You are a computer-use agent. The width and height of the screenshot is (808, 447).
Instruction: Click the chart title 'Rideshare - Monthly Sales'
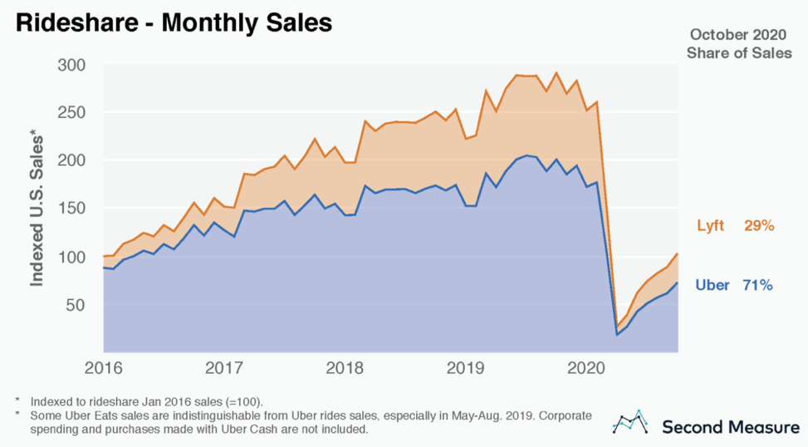[174, 22]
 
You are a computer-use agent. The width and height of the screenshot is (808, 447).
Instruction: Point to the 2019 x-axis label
[463, 367]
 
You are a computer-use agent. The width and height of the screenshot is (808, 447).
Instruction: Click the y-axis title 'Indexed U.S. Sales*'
[37, 209]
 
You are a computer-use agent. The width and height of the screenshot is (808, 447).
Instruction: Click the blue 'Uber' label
[712, 286]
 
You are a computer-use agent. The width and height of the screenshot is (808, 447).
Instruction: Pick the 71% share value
[758, 286]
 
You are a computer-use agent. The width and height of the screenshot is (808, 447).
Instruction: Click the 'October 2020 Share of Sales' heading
[739, 44]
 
